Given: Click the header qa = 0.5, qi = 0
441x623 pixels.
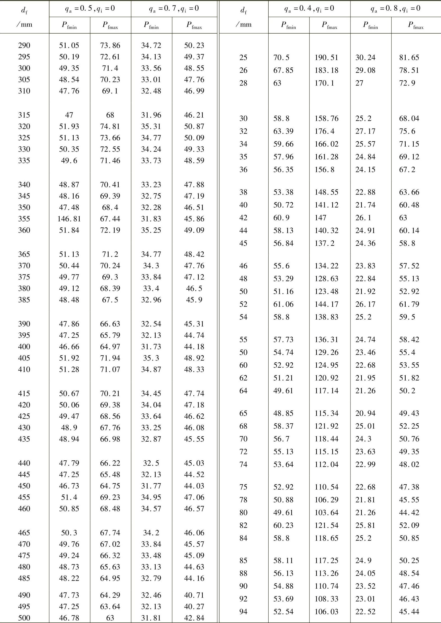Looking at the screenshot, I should coord(90,9).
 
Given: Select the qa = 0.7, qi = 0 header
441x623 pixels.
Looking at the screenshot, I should coord(174,9).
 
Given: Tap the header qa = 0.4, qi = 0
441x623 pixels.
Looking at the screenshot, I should coord(309,9).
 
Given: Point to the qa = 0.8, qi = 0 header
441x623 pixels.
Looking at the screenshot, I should coord(395,9).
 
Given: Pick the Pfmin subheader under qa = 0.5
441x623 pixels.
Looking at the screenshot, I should coord(69,25).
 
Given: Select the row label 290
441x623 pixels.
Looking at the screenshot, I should coord(24,45).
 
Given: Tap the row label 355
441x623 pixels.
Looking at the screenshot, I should coord(24,219).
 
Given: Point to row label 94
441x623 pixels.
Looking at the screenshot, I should coord(243,612).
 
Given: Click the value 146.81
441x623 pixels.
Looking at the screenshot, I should coord(69,219).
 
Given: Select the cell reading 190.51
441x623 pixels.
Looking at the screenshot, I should coord(326,58).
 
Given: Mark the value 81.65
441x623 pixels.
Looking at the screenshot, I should coord(409,58).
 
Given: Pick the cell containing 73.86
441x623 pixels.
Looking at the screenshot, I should coord(110,45).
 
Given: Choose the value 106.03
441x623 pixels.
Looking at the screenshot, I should coord(326,612).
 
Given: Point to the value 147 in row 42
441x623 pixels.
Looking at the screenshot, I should coord(321,218).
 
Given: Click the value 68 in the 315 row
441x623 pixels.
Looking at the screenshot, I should coord(110,115).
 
